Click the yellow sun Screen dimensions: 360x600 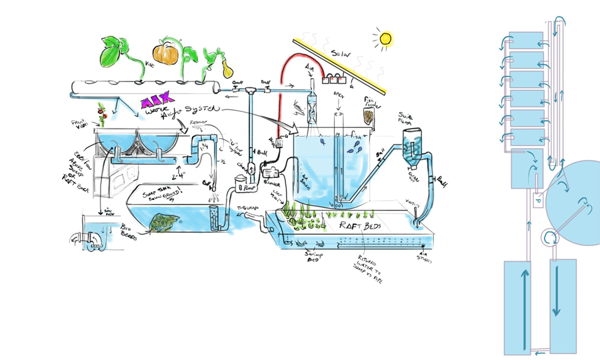click(x=384, y=38)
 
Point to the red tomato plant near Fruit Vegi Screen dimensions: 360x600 click(x=103, y=115)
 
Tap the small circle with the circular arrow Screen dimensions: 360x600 click(x=551, y=237)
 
